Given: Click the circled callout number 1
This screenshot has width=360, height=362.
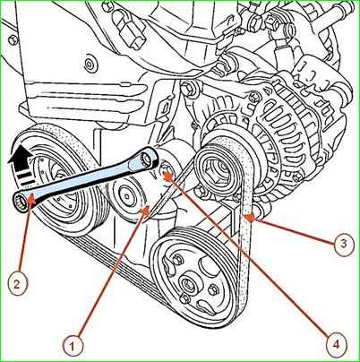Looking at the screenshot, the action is click(72, 346).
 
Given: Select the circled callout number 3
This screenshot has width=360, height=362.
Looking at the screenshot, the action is click(342, 244).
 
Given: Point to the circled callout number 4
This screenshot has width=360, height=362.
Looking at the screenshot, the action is click(336, 345).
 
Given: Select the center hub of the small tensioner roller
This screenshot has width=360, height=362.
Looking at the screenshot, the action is click(126, 196).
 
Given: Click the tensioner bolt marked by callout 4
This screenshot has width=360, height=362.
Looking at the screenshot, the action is click(166, 172).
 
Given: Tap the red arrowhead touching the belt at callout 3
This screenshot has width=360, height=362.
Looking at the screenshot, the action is click(249, 219).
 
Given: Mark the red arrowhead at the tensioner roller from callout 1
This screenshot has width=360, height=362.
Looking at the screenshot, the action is click(145, 211).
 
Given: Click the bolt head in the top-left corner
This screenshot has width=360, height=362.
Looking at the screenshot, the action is click(13, 39).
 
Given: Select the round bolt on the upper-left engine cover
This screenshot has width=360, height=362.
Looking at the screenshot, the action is click(89, 65).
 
